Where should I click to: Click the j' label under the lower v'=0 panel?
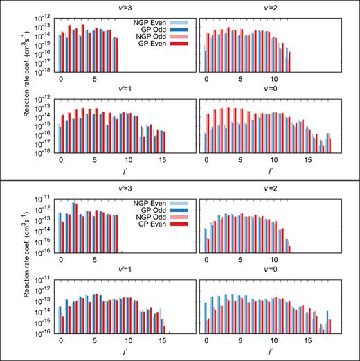pos(269,351)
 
